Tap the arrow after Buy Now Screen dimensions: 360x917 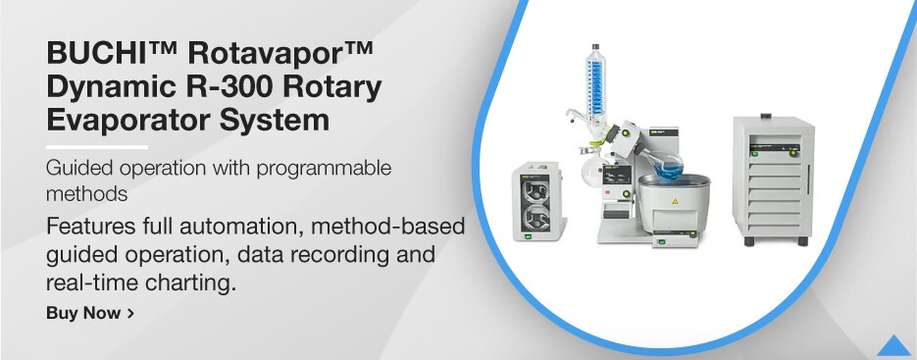coord(130,314)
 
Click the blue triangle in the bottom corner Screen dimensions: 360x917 coord(893,346)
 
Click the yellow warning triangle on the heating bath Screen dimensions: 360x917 coord(674,201)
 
